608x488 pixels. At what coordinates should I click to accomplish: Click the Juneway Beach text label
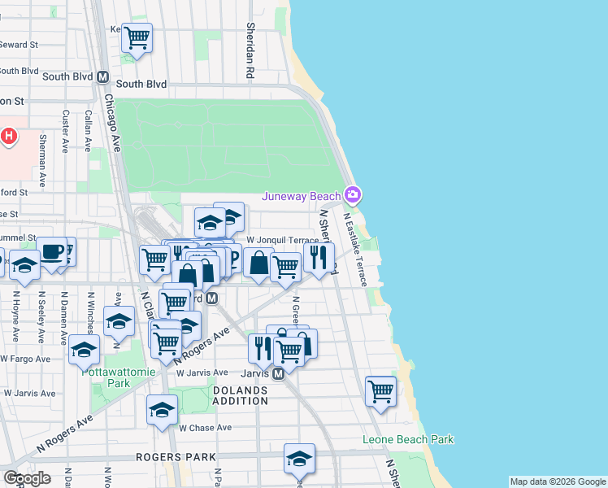click(302, 196)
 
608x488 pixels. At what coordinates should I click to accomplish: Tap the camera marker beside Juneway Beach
click(353, 195)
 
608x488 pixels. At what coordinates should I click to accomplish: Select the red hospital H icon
click(8, 136)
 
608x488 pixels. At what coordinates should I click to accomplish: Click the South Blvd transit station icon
click(103, 77)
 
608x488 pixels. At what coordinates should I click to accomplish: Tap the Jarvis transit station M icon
click(278, 374)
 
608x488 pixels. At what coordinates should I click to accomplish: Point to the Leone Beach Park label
click(408, 440)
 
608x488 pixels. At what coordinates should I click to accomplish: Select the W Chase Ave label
click(205, 428)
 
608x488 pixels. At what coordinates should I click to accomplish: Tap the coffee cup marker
click(52, 253)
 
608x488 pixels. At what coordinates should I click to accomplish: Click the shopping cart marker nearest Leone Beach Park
click(380, 392)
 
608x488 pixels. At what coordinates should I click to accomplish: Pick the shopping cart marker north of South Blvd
click(137, 36)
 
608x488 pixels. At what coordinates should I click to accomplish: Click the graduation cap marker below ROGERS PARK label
click(299, 460)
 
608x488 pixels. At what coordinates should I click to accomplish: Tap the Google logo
click(28, 477)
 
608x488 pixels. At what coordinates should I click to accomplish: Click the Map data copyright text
click(558, 481)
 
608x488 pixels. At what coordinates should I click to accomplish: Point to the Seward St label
click(20, 45)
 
